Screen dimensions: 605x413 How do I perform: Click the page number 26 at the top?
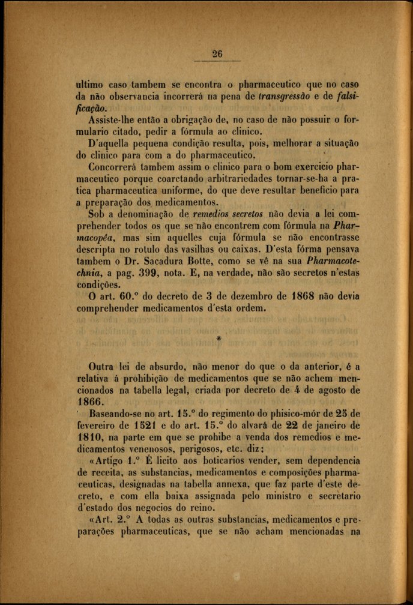tap(217, 53)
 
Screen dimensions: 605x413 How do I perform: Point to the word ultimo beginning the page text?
tap(89, 85)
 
